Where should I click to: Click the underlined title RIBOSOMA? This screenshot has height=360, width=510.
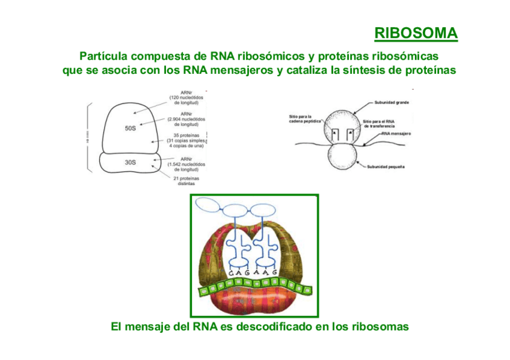(x=416, y=32)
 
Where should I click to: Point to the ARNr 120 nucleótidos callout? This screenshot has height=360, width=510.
(x=186, y=97)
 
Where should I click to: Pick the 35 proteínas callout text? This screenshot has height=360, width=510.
(x=186, y=140)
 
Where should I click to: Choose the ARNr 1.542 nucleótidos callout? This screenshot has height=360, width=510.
(x=186, y=164)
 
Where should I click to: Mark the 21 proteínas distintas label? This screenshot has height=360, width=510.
(x=186, y=181)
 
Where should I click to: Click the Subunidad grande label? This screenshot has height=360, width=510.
(x=392, y=103)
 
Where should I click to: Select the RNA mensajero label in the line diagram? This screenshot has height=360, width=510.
(x=395, y=134)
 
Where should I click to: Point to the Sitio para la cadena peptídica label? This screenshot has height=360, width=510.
(x=305, y=118)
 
